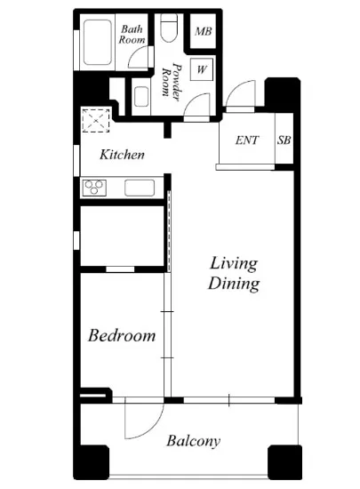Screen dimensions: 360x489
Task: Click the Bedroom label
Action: (122, 335)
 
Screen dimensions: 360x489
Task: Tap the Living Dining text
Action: (234, 274)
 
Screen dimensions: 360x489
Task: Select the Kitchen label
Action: (122, 155)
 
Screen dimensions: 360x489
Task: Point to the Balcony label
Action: (193, 441)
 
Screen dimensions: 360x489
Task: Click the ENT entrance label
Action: (247, 140)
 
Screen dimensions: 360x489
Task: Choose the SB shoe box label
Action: (284, 140)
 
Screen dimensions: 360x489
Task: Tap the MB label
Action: (204, 31)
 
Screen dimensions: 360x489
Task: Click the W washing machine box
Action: (202, 69)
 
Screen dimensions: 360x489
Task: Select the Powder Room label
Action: (172, 82)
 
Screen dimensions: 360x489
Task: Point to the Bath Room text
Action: (132, 35)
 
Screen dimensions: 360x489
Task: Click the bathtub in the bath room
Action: (98, 43)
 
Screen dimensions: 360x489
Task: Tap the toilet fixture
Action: (169, 28)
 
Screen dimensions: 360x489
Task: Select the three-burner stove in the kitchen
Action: (94, 188)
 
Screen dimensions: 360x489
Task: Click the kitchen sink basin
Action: (140, 188)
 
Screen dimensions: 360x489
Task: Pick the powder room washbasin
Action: (141, 97)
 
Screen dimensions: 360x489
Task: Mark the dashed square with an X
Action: (96, 120)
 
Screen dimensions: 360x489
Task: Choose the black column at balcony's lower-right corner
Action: (284, 462)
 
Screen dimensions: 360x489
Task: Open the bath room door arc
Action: (134, 53)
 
